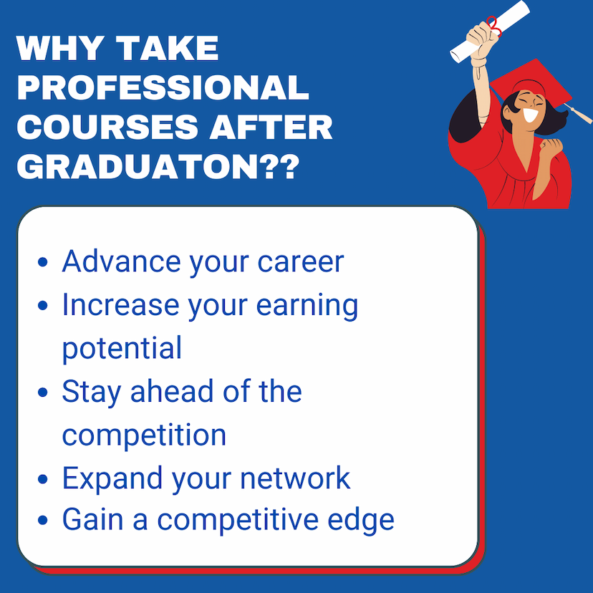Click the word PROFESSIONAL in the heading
click(x=163, y=87)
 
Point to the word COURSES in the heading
click(x=107, y=127)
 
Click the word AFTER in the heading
click(x=271, y=127)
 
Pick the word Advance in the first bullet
click(x=122, y=261)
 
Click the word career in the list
click(x=301, y=262)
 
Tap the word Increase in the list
click(x=120, y=304)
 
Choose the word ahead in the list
click(x=172, y=391)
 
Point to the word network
click(x=295, y=478)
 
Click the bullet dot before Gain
click(x=43, y=520)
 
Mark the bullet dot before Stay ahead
click(x=43, y=392)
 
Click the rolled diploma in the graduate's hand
click(x=489, y=32)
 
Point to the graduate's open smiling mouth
click(x=530, y=115)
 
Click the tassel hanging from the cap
click(x=579, y=112)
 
